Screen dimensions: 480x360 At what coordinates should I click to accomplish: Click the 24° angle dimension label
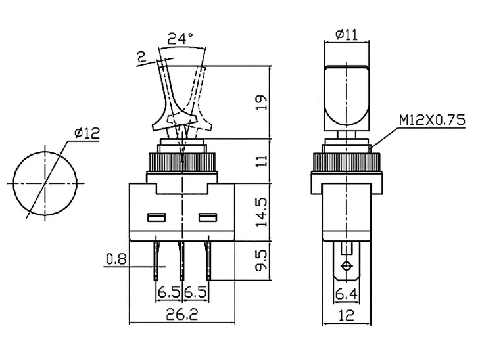[181, 39]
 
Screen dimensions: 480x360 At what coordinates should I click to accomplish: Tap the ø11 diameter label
[347, 34]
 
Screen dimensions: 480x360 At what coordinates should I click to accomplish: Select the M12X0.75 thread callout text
[432, 120]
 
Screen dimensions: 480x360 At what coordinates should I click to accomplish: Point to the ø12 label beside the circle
[87, 133]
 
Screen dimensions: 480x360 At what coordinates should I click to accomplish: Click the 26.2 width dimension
[182, 314]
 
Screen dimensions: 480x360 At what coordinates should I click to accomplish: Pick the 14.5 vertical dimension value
[262, 212]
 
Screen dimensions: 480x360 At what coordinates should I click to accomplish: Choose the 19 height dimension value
[262, 102]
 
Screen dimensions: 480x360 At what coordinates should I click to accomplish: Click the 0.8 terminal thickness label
[116, 259]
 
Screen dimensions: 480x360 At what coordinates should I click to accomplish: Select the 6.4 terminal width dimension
[347, 294]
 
